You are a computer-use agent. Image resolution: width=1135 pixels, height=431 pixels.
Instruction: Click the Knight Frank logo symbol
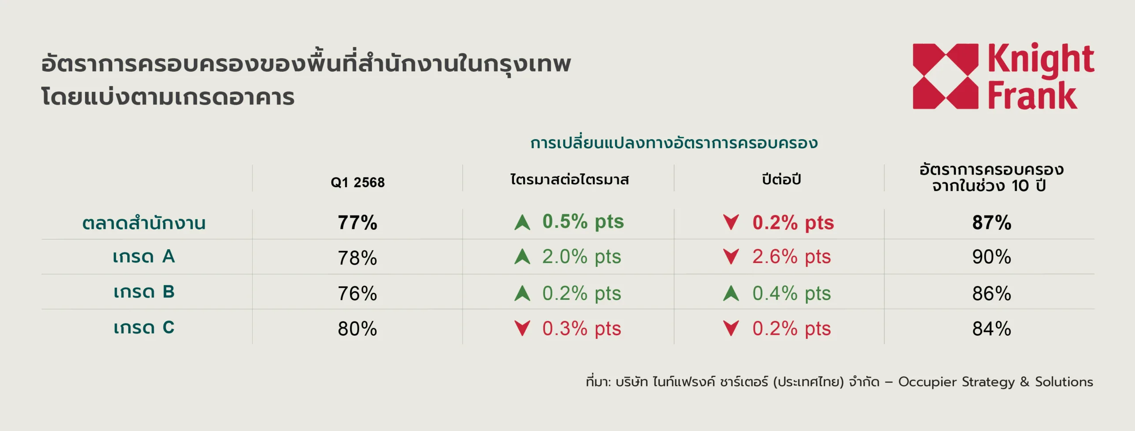[945, 76]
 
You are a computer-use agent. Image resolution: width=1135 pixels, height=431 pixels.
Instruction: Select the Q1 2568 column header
[357, 182]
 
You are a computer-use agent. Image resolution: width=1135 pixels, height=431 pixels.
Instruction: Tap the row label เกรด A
[144, 256]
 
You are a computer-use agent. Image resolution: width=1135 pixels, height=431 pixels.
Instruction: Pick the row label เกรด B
[144, 292]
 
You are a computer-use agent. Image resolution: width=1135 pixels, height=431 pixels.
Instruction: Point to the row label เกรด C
[144, 327]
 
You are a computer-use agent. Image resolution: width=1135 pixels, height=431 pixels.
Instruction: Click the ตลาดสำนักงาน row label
[144, 222]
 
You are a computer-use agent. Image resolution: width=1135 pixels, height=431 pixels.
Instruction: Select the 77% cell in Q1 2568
[357, 222]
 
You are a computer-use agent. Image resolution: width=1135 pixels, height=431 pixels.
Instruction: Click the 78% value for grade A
[357, 258]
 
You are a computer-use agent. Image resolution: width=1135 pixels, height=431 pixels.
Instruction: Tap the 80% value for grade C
[357, 329]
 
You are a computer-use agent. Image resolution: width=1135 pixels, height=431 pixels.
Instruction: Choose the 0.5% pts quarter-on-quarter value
[583, 222]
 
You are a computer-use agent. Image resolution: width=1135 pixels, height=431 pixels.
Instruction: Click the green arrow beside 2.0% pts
[522, 256]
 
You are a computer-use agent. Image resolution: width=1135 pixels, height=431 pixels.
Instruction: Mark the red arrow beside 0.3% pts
[522, 329]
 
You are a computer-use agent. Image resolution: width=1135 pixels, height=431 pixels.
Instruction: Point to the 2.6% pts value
[791, 257]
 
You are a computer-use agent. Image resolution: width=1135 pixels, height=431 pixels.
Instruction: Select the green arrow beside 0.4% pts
[731, 293]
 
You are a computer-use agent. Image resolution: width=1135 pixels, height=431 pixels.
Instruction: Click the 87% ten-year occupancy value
[992, 222]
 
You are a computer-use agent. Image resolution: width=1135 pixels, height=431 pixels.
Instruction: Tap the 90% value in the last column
[992, 257]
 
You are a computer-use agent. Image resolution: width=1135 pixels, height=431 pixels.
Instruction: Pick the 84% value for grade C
[992, 329]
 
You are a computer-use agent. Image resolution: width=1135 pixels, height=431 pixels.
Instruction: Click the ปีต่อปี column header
[781, 179]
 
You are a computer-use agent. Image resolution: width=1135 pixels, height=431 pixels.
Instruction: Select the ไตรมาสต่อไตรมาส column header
[570, 179]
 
